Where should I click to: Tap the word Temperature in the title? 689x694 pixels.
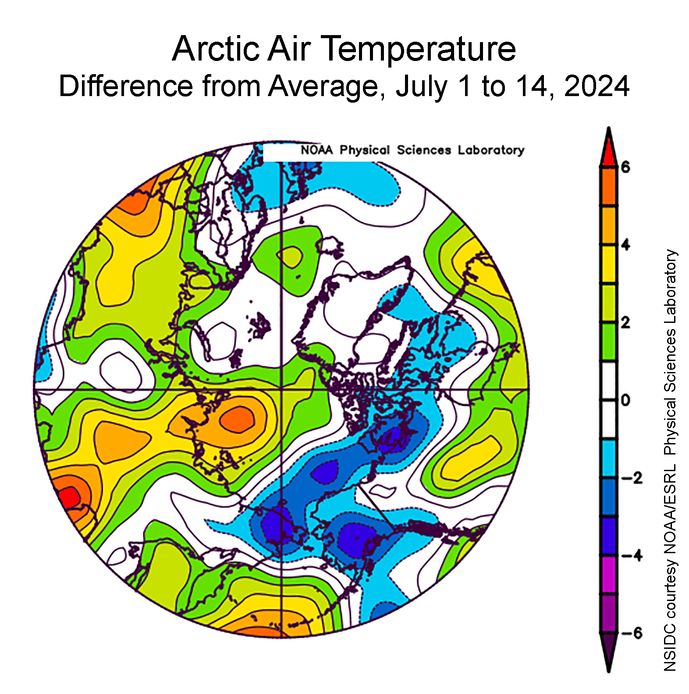tap(420, 50)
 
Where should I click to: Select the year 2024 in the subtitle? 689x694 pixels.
tap(597, 86)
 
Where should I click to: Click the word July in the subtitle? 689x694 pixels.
tap(421, 87)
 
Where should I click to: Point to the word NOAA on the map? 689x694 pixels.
tap(316, 150)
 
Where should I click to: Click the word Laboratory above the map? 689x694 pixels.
tap(491, 150)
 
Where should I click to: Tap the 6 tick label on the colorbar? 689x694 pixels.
tap(625, 167)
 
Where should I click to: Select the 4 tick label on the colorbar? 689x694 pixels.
tap(625, 245)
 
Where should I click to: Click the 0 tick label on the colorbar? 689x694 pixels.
tap(625, 401)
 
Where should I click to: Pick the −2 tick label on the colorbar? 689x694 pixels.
tap(631, 478)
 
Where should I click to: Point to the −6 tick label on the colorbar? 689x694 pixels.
tap(631, 633)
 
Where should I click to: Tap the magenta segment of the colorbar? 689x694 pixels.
tap(608, 575)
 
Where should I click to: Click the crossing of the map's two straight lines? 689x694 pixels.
tap(281, 389)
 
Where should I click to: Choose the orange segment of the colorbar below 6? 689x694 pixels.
tap(608, 186)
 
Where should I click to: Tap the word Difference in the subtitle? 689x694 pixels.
tap(126, 86)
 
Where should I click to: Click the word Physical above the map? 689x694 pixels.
tap(364, 150)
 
